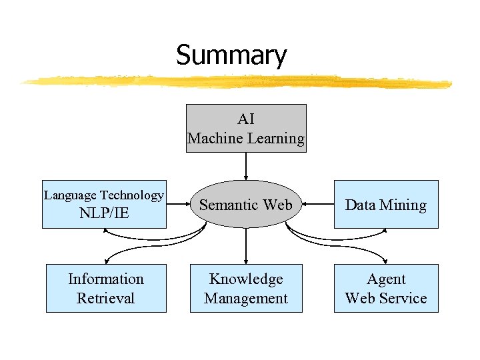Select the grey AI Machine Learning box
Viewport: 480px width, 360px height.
click(x=246, y=128)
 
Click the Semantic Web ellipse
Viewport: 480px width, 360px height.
click(x=246, y=205)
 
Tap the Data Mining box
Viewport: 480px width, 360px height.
click(x=386, y=205)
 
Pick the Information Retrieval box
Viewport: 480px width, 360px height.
click(x=106, y=288)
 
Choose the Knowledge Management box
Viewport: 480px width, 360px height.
click(x=246, y=288)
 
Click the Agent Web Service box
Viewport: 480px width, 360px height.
click(x=386, y=288)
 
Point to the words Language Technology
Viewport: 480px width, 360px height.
click(x=103, y=195)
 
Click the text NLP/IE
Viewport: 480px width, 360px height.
click(x=103, y=213)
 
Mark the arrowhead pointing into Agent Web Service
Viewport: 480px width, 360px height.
click(x=387, y=261)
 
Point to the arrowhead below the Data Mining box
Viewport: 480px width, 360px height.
click(x=385, y=232)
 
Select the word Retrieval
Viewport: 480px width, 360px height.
click(x=106, y=298)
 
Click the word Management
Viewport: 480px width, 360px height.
click(x=246, y=298)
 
